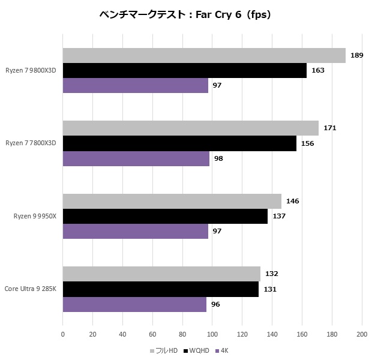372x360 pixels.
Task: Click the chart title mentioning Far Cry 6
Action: pos(185,14)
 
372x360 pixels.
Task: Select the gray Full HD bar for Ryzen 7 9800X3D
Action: pos(204,55)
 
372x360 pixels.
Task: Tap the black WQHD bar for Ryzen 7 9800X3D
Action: pos(185,70)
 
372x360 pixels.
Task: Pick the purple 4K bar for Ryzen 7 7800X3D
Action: pos(136,158)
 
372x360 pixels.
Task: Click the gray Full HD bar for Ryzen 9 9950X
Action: pos(172,201)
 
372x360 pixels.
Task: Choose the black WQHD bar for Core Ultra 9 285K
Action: pos(161,289)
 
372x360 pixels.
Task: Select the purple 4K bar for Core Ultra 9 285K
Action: pos(134,304)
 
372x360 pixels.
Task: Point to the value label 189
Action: pos(356,55)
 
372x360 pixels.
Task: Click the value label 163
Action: pos(318,70)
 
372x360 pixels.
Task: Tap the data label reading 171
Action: pos(329,128)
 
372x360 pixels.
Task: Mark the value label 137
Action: pos(278,216)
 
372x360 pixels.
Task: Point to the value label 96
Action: pos(215,304)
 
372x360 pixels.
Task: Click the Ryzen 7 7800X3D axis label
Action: pos(31,143)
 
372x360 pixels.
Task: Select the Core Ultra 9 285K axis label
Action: pos(31,289)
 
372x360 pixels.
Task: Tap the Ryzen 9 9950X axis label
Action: pos(35,216)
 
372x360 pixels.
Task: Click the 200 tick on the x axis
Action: pos(362,334)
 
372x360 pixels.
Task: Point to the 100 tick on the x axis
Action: pos(212,334)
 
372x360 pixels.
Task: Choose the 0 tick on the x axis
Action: pos(63,334)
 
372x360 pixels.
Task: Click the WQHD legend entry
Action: pos(197,350)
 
